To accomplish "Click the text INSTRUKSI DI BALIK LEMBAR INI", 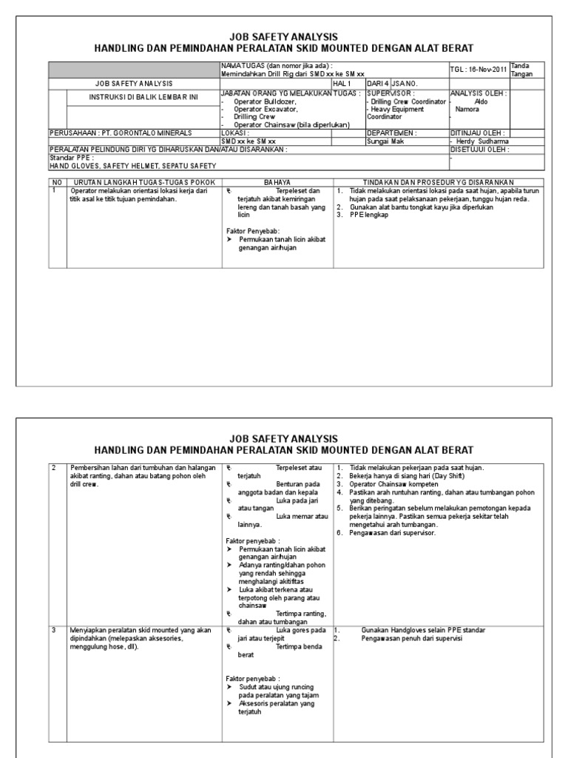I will (x=134, y=98).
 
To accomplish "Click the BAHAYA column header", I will (x=277, y=181).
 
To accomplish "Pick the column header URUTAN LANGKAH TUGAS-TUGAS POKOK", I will (x=133, y=181).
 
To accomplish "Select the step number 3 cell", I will (x=54, y=630).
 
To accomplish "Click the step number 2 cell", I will (x=54, y=467).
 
